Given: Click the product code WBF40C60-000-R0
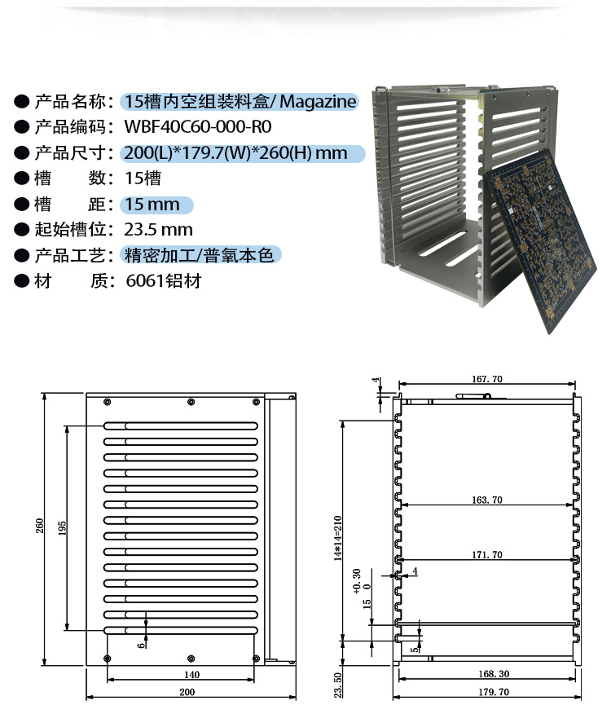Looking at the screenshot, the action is click(198, 126).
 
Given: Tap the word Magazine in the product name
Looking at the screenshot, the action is click(318, 102).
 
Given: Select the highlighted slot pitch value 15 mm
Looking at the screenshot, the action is click(152, 205).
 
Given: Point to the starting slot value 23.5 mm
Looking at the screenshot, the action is click(158, 230).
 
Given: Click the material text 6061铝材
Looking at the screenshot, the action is click(164, 281).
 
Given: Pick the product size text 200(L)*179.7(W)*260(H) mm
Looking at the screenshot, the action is click(235, 153).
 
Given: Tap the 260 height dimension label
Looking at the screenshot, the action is click(40, 526).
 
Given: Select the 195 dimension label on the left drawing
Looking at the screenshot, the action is click(63, 528).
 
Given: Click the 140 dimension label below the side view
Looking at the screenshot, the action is click(191, 674).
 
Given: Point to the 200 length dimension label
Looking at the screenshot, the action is click(187, 692).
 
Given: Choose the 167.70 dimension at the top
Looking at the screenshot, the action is click(486, 379).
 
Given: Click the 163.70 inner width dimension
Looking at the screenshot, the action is click(486, 500).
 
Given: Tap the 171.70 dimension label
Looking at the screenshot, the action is click(486, 554).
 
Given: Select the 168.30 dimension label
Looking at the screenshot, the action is click(494, 674).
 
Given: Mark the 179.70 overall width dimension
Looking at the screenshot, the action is click(494, 692).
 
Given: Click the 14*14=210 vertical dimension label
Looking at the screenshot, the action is click(338, 538).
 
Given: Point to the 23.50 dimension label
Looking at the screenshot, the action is click(338, 685).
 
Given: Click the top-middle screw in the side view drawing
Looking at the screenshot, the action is click(191, 402).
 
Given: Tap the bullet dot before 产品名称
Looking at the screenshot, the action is click(21, 101).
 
